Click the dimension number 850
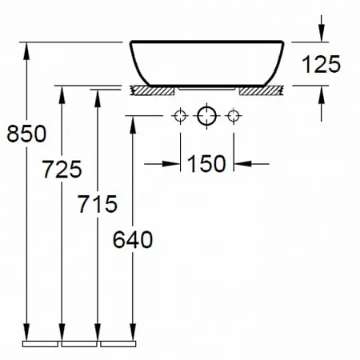tap(26, 134)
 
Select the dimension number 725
tap(62, 169)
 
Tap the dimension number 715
tap(98, 204)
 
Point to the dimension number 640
tap(133, 240)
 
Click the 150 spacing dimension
tap(206, 163)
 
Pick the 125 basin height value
tap(321, 64)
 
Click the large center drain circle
tap(206, 116)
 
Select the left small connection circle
tap(180, 116)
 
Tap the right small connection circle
tap(234, 116)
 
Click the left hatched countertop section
tap(152, 90)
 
